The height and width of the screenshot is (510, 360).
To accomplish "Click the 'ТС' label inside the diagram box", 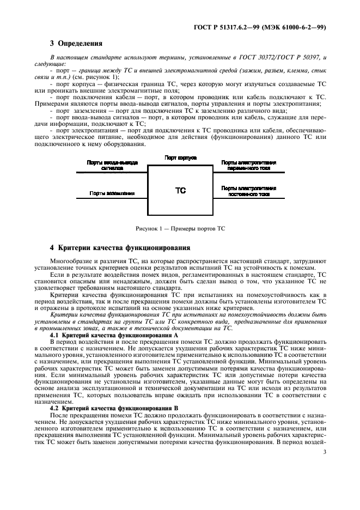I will [x=180, y=191].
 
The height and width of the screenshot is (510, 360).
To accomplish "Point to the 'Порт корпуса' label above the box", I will [x=180, y=157].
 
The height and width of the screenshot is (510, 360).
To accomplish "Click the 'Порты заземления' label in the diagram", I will [x=112, y=193].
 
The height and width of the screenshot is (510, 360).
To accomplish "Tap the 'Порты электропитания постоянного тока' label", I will [x=248, y=191].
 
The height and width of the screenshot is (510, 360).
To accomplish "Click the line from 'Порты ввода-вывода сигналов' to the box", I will [x=112, y=172].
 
